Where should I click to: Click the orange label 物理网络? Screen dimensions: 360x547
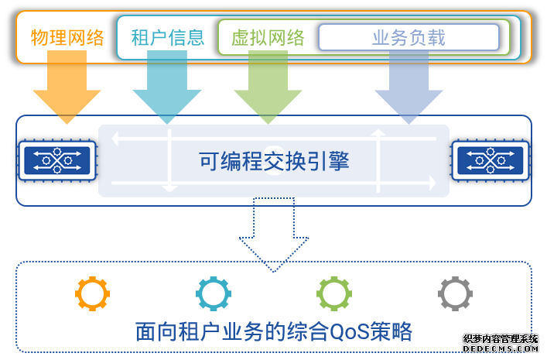(x=67, y=37)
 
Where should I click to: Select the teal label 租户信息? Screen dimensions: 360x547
(x=167, y=37)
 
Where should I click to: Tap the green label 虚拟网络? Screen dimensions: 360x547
(x=268, y=37)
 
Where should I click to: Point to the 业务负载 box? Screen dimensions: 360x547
(x=409, y=37)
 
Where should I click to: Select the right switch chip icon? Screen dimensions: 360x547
(x=491, y=160)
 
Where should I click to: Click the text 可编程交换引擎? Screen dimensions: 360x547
(x=274, y=161)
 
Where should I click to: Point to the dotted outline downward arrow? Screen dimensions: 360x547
(x=273, y=232)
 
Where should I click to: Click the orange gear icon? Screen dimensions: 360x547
(x=92, y=293)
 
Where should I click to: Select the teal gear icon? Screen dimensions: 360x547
(x=213, y=293)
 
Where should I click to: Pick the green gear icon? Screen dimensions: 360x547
(x=333, y=293)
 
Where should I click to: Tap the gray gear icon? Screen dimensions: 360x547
(x=454, y=293)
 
